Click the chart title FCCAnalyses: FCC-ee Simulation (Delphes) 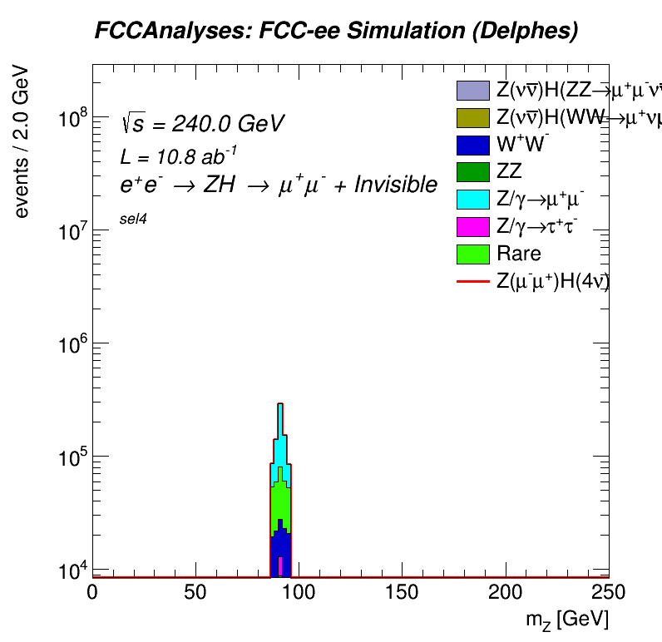(336, 32)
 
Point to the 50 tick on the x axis (195, 591)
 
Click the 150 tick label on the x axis (403, 591)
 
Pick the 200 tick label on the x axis (506, 591)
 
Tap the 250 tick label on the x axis (607, 591)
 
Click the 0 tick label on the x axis (92, 591)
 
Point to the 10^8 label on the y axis (73, 119)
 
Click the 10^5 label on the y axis (73, 457)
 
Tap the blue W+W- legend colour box (472, 145)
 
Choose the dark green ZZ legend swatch (472, 172)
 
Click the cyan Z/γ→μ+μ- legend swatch (472, 200)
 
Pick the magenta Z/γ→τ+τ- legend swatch (472, 226)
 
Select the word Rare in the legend (518, 254)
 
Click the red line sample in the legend (472, 281)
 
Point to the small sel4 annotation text (133, 227)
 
